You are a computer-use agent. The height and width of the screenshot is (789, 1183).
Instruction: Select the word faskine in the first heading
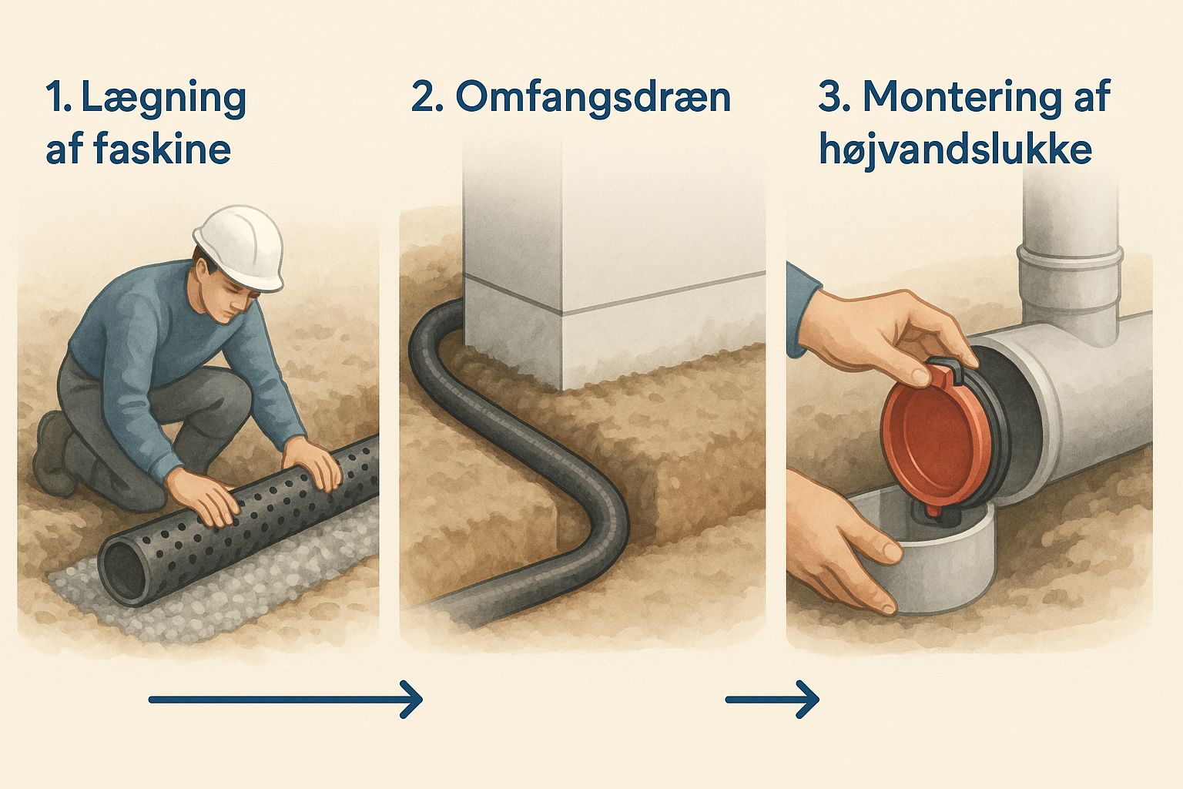(163, 149)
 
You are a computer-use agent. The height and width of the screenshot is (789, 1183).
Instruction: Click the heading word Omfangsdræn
(592, 98)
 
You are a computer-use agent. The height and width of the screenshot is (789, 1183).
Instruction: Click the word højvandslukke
(955, 149)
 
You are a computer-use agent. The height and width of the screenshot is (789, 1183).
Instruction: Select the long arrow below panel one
(285, 700)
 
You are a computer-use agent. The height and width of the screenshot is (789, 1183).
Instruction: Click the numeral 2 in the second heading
(422, 99)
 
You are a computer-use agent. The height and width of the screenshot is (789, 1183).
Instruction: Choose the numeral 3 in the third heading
(830, 99)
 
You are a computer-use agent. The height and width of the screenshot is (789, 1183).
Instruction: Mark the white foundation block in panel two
(608, 293)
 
